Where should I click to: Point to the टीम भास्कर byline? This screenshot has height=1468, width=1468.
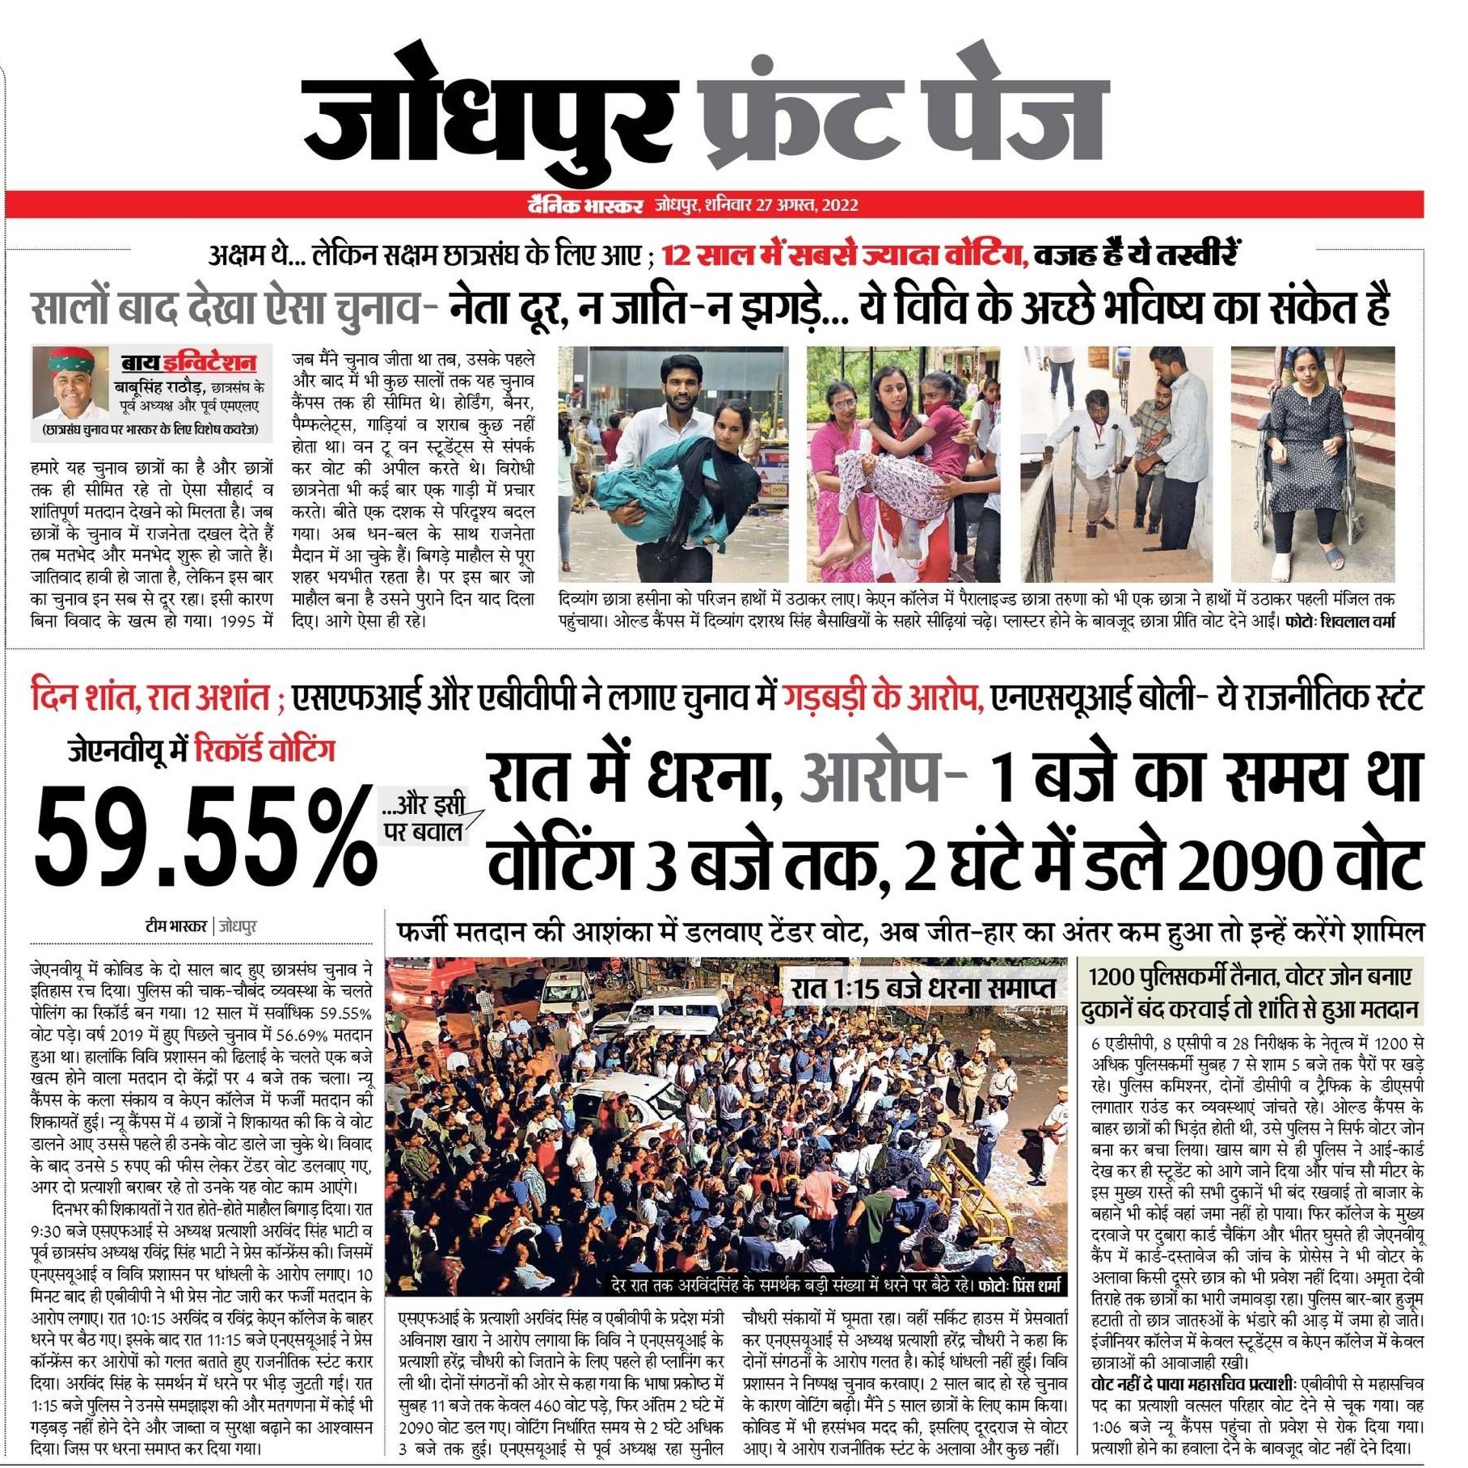[x=176, y=926]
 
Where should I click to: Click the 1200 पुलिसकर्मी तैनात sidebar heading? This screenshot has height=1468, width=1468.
[x=1250, y=977]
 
